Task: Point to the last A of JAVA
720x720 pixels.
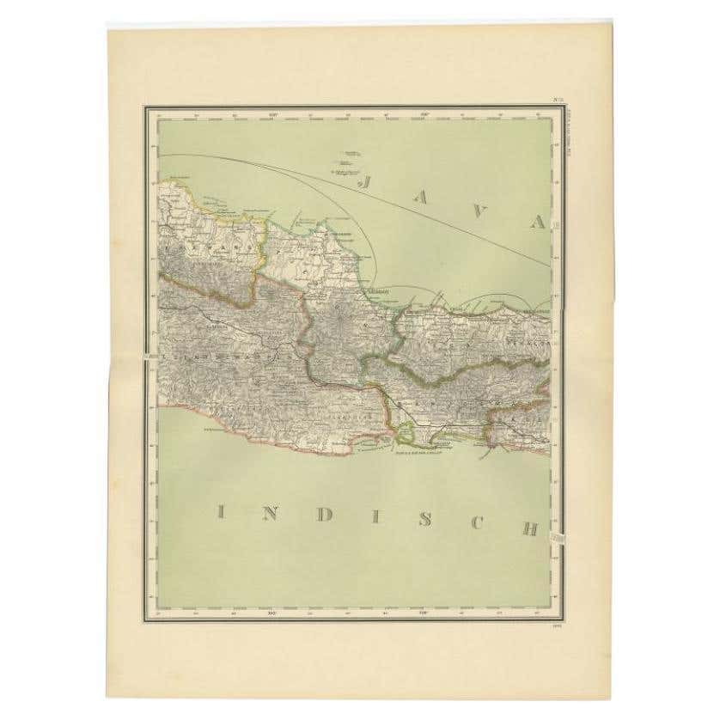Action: [538, 223]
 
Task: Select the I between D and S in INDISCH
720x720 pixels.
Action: [371, 517]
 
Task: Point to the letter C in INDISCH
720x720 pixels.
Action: [475, 523]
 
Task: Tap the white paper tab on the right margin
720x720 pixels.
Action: [558, 537]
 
